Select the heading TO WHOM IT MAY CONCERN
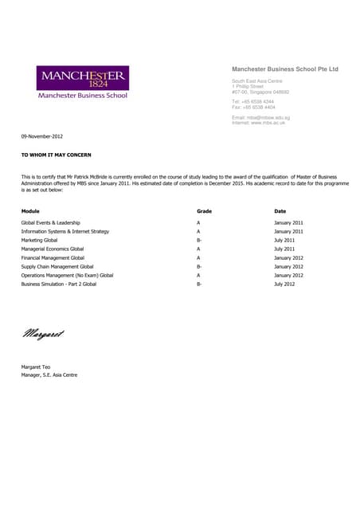(x=57, y=154)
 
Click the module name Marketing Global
(x=39, y=240)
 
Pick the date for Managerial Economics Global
(x=284, y=249)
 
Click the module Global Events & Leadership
(x=50, y=222)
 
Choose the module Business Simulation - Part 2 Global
(x=59, y=284)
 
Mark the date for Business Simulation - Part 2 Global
(x=284, y=284)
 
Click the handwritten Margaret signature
(x=43, y=334)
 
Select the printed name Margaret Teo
(x=37, y=367)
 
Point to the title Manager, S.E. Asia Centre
(x=49, y=375)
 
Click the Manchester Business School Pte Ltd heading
(x=284, y=69)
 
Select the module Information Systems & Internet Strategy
(x=65, y=231)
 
